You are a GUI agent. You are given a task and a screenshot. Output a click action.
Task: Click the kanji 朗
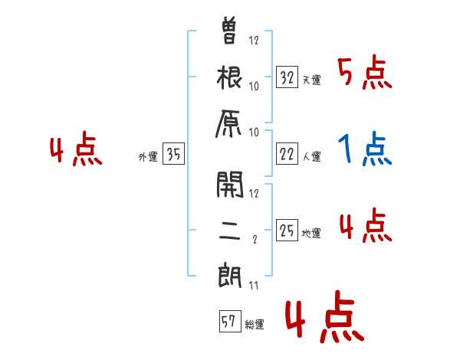tap(231, 273)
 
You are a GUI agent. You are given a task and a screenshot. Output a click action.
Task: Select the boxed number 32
tap(287, 77)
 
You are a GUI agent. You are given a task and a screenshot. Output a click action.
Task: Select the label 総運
tap(255, 325)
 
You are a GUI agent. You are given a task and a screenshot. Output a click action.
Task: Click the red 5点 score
tap(364, 74)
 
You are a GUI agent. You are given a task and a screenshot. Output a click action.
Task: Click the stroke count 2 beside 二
tap(254, 239)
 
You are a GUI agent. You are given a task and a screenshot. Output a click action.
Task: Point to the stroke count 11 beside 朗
tap(253, 286)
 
